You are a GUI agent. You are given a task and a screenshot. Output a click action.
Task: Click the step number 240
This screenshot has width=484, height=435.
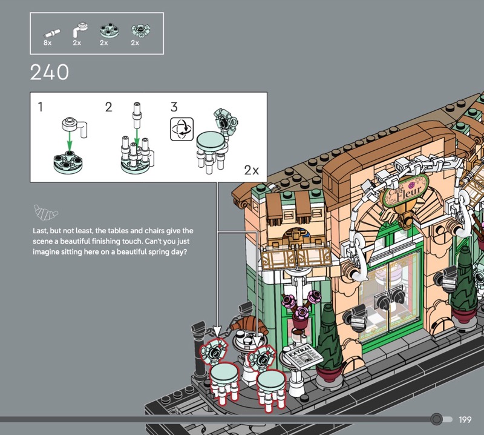click(x=50, y=72)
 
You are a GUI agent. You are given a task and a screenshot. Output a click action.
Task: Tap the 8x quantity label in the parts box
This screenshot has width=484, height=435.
click(x=48, y=42)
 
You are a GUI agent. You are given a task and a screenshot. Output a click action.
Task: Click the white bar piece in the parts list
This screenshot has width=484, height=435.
click(x=52, y=33)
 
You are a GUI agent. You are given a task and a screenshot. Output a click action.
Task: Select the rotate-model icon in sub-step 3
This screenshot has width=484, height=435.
click(x=182, y=129)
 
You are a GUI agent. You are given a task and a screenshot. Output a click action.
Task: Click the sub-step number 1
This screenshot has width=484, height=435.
click(x=40, y=107)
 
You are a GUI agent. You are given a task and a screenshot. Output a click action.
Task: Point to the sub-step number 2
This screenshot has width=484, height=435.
click(x=108, y=107)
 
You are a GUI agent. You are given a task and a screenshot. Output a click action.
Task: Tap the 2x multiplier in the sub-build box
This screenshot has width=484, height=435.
click(x=251, y=170)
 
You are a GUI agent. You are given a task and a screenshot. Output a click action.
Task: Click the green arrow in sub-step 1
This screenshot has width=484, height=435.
click(x=70, y=141)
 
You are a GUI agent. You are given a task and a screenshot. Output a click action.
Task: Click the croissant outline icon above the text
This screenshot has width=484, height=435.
click(x=46, y=213)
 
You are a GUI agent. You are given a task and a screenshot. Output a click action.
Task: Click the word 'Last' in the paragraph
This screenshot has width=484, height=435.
click(x=41, y=231)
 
